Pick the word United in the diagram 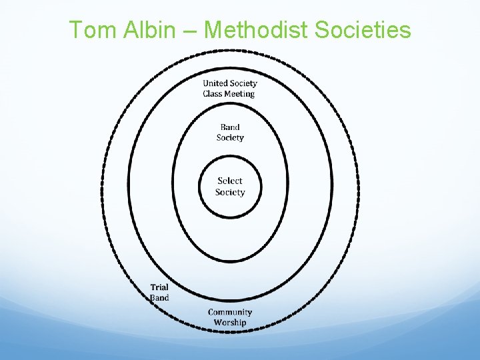click(215, 83)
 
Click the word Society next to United click(243, 83)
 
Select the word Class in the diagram click(213, 94)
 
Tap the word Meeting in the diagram click(239, 94)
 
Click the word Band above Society click(230, 127)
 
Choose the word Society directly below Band click(230, 138)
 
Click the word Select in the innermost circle click(230, 181)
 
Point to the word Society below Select click(230, 193)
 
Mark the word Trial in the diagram click(159, 287)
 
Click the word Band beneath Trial click(159, 298)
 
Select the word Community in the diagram click(230, 312)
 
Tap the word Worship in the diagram click(230, 323)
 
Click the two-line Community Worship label click(230, 317)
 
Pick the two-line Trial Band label click(159, 293)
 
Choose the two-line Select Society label click(230, 187)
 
